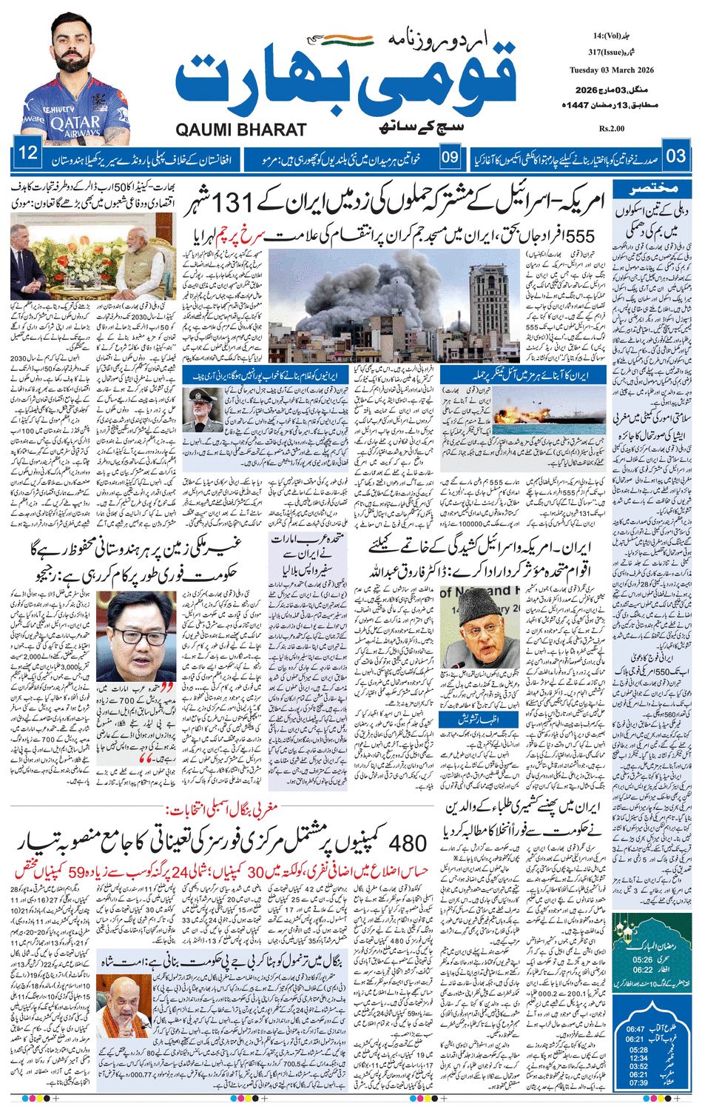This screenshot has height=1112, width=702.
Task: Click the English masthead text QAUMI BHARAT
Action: (x=240, y=130)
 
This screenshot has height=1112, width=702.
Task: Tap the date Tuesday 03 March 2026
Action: (x=611, y=70)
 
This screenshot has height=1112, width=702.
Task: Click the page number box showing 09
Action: (x=450, y=157)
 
